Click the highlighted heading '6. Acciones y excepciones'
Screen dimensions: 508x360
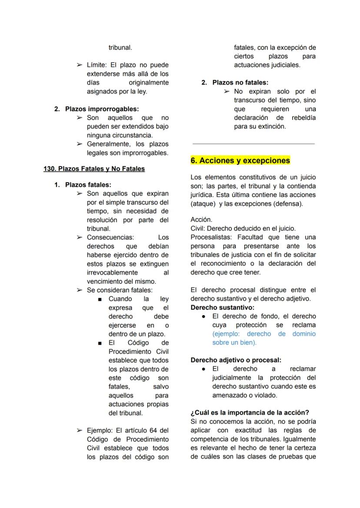[240, 160]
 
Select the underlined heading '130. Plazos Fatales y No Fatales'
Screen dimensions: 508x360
[94, 169]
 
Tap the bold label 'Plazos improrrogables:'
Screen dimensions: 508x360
[102, 109]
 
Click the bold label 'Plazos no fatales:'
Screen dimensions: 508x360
[240, 83]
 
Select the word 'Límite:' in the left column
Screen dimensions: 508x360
[98, 65]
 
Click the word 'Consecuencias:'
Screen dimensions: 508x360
[110, 237]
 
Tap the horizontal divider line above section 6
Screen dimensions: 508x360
[253, 143]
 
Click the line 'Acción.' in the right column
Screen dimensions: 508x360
[201, 220]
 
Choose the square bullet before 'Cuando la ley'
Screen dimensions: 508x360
[100, 299]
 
